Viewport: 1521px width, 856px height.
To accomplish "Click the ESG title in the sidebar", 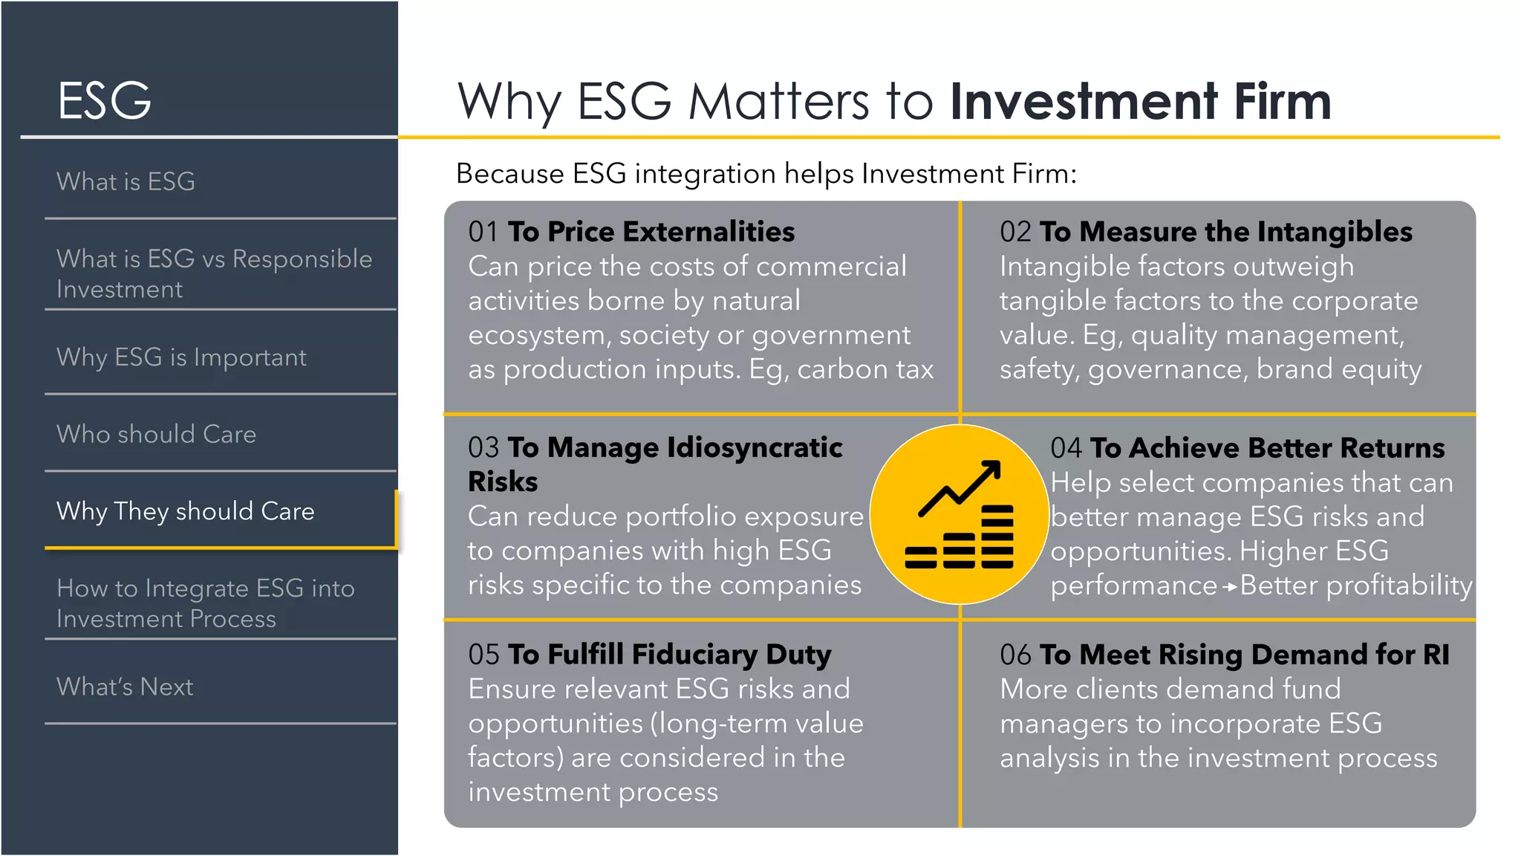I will [x=105, y=101].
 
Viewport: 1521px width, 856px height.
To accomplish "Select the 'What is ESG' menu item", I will [x=126, y=181].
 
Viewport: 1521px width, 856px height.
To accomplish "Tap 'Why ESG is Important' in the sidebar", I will [x=181, y=357].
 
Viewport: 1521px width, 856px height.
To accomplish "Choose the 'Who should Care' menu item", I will [x=156, y=434].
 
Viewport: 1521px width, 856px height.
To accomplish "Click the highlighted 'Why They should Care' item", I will [x=186, y=511].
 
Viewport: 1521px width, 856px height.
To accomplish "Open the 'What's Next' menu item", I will [x=125, y=687].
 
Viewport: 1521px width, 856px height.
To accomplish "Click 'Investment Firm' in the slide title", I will [x=1140, y=101].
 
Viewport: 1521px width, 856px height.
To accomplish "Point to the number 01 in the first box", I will [x=483, y=232].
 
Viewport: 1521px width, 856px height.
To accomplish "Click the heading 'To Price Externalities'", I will [x=651, y=232].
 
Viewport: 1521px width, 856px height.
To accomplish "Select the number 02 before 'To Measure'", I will [x=1014, y=232].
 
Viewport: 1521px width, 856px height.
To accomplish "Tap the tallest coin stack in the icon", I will [x=997, y=536].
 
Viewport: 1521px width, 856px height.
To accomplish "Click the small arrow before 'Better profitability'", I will [x=1230, y=587].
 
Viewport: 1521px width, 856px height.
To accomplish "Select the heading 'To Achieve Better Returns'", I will [x=1267, y=448].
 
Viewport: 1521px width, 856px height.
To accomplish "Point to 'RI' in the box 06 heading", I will [x=1436, y=655].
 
